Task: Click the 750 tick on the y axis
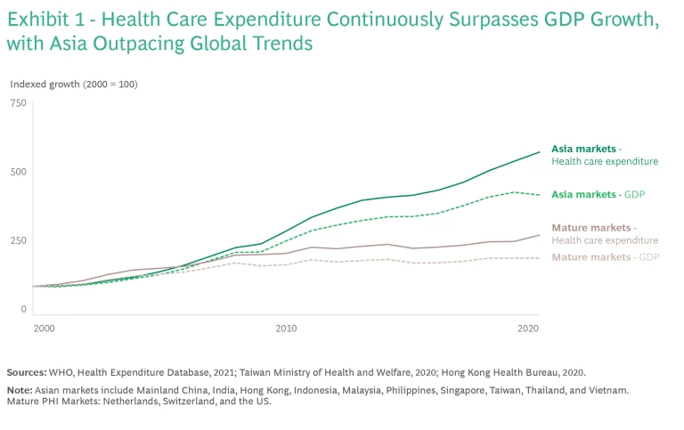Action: tap(19, 103)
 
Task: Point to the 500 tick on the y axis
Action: tap(19, 172)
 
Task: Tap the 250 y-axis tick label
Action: tap(19, 240)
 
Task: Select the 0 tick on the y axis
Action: tap(24, 309)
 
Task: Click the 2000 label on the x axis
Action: tap(45, 329)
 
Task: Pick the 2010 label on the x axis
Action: tap(287, 329)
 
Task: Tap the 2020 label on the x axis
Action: tap(528, 329)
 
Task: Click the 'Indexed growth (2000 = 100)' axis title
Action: tap(74, 85)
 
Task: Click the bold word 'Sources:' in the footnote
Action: tap(27, 371)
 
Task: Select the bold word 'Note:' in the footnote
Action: tap(20, 391)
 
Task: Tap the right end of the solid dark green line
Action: tap(540, 152)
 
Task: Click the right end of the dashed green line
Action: tap(540, 194)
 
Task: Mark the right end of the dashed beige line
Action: tap(540, 258)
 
